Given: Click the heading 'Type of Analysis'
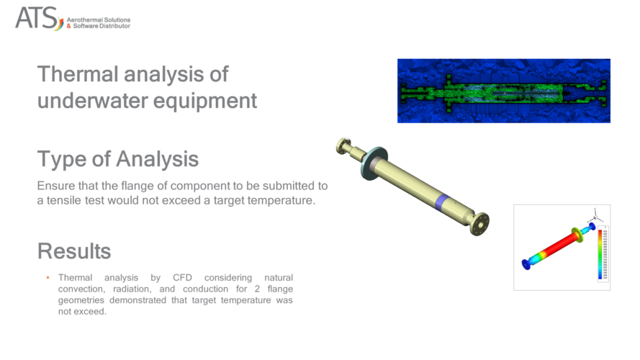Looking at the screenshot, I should [117, 158].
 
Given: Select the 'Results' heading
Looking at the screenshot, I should [74, 251].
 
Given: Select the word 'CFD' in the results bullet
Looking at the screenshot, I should [184, 277].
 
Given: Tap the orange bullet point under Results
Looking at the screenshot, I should [48, 278].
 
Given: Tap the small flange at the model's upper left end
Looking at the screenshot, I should [343, 146].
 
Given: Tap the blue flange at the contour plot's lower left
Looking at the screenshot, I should [526, 264].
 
